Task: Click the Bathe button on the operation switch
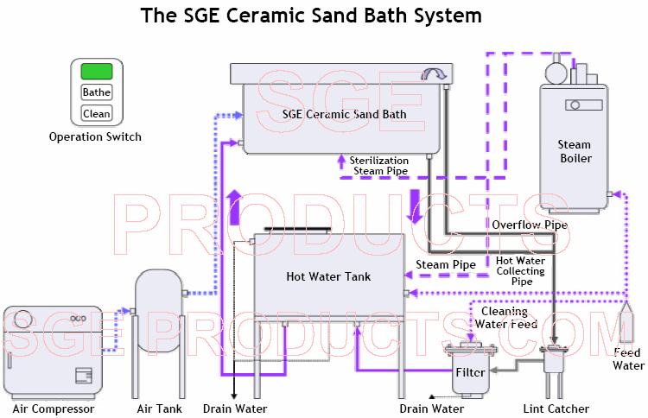coord(96,92)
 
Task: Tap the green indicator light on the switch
coord(96,72)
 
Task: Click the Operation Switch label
coord(95,136)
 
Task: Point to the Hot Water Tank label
coord(328,277)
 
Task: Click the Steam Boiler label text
coord(574,152)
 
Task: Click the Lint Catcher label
coord(556,408)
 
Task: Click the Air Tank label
coord(159,408)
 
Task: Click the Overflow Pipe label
coord(530,225)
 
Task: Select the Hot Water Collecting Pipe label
coord(520,270)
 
